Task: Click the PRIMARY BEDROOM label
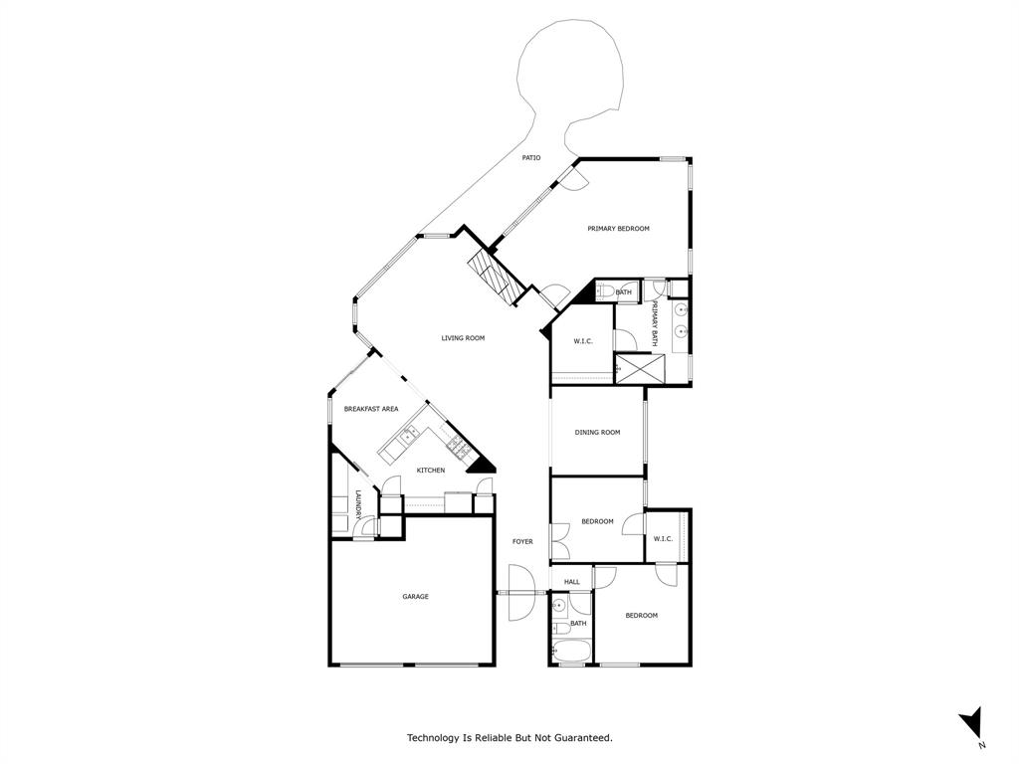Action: [618, 229]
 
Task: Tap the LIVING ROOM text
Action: [463, 338]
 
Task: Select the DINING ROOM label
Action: [597, 432]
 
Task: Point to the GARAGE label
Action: [415, 597]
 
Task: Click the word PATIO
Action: [531, 157]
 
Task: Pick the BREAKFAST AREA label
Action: [371, 409]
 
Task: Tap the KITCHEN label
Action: [430, 471]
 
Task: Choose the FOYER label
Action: [522, 542]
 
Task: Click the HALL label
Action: [571, 582]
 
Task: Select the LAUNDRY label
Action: [357, 507]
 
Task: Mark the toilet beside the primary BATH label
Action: [604, 291]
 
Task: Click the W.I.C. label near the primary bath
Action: [582, 341]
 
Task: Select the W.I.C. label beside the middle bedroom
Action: [663, 539]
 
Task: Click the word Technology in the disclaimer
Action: [434, 738]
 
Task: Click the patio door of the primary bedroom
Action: [572, 176]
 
